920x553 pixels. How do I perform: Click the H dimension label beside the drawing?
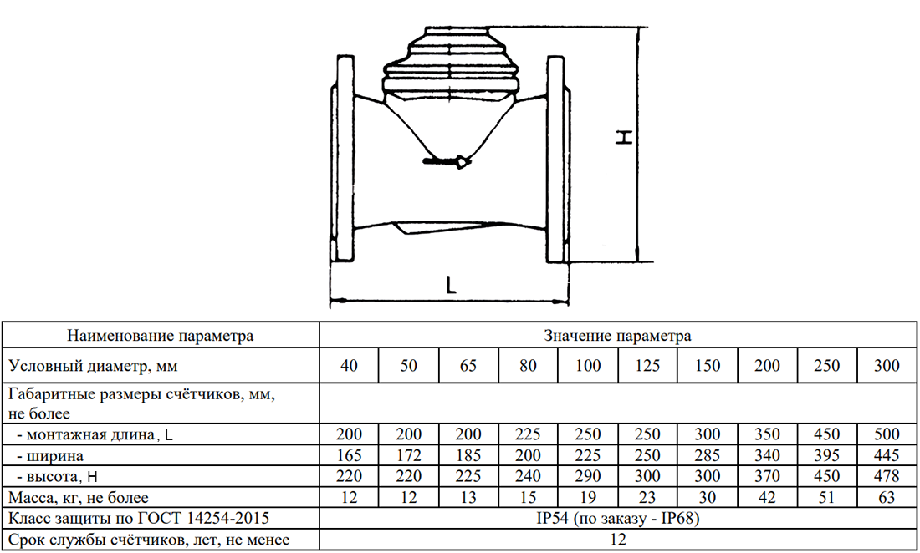pyautogui.click(x=624, y=138)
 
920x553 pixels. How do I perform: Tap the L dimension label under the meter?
pyautogui.click(x=450, y=285)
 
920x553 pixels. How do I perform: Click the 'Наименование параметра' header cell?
pyautogui.click(x=161, y=336)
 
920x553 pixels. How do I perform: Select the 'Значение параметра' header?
pyautogui.click(x=617, y=336)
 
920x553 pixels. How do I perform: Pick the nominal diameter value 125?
pyautogui.click(x=647, y=366)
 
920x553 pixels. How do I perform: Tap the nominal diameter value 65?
pyautogui.click(x=468, y=366)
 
